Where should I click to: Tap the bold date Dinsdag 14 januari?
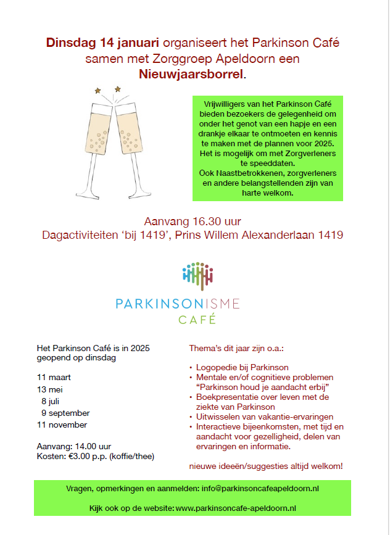102,43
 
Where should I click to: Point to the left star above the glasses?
97,91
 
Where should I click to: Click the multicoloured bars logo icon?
197,275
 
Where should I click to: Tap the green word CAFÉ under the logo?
197,320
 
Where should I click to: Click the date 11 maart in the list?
54,376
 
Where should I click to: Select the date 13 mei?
50,389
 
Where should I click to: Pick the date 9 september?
65,413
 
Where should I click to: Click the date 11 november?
62,425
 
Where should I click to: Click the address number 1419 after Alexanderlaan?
329,235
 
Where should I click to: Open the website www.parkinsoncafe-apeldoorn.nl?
236,508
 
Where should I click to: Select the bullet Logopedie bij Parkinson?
243,368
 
